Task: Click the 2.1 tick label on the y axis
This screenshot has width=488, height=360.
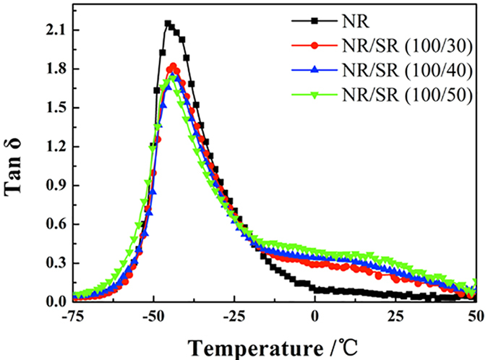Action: point(55,30)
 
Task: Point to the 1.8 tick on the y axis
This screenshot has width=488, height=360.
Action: point(55,69)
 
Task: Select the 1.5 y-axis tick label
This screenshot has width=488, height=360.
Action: point(55,108)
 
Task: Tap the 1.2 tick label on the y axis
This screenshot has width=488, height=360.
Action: point(55,146)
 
